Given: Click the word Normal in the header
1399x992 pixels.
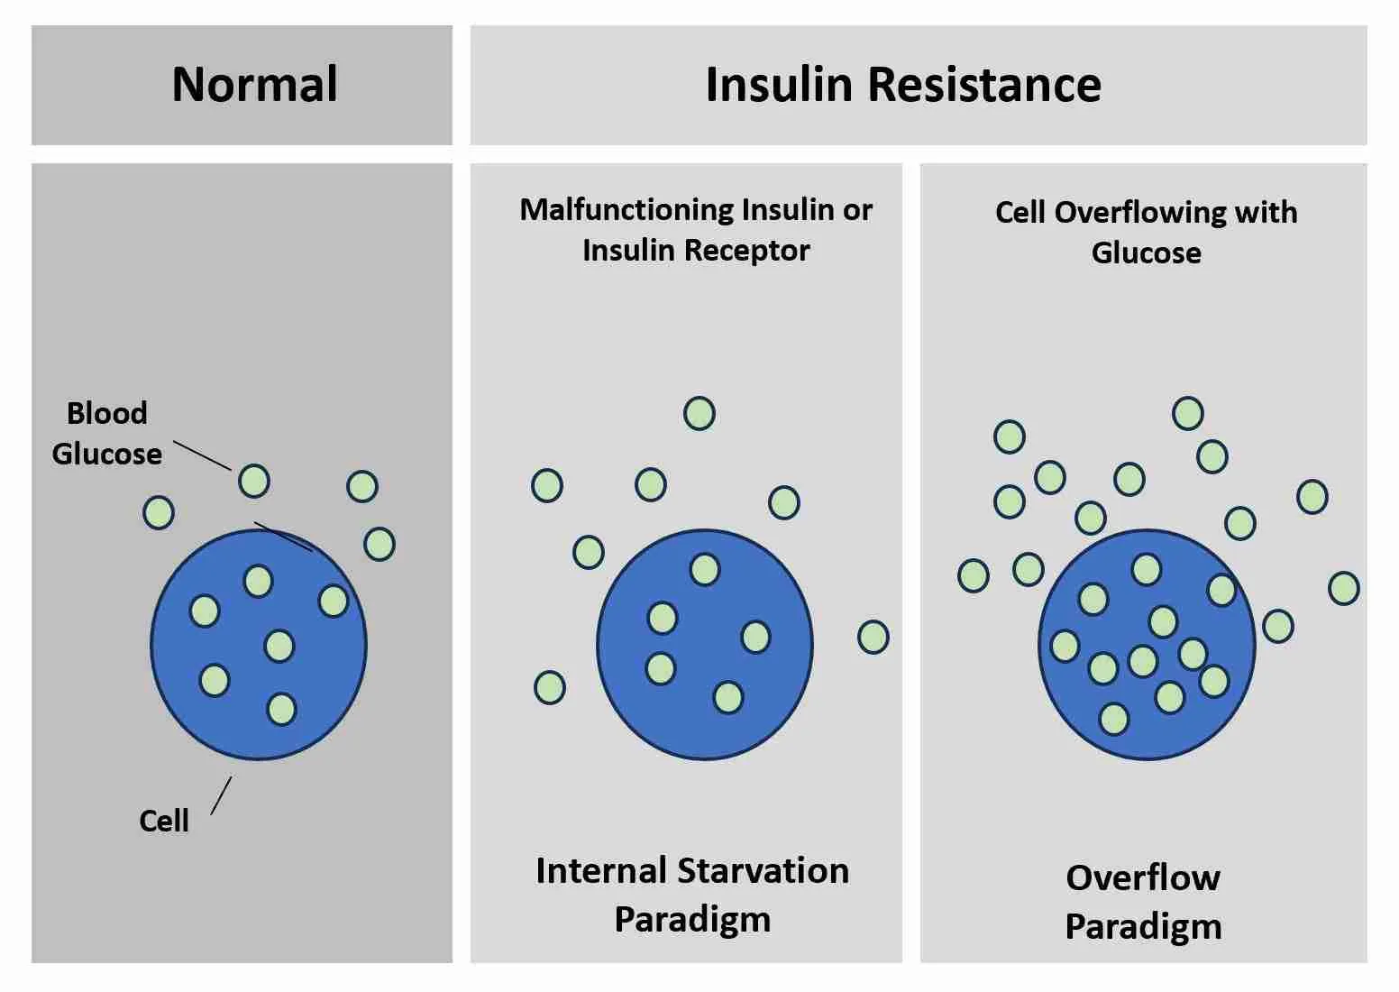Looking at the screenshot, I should [x=255, y=85].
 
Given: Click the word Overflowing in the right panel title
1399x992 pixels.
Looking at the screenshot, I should [x=1140, y=212].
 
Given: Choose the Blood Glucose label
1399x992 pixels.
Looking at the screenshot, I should [x=106, y=433].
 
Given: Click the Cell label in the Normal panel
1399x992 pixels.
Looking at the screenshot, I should [x=164, y=821].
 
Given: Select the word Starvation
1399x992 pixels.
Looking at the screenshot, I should [x=763, y=871].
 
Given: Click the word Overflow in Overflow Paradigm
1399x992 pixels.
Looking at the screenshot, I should [x=1143, y=877].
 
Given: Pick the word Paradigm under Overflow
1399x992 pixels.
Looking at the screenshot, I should [x=1143, y=926].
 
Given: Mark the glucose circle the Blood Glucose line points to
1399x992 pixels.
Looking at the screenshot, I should [x=254, y=481].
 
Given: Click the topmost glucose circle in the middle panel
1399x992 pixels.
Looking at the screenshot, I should [x=699, y=414].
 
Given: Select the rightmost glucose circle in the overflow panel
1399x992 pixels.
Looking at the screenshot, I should [x=1343, y=588].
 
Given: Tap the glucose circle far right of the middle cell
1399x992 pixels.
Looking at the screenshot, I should [x=873, y=637].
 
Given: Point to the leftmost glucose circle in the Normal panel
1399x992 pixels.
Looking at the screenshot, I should [x=159, y=512].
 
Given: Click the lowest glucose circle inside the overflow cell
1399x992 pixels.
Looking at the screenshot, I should [x=1114, y=719].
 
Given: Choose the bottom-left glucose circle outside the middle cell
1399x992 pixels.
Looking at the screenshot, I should [x=550, y=687].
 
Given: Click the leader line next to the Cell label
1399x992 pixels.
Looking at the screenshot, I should [x=221, y=795].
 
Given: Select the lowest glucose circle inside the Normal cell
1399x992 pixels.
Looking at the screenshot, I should [x=282, y=709].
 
